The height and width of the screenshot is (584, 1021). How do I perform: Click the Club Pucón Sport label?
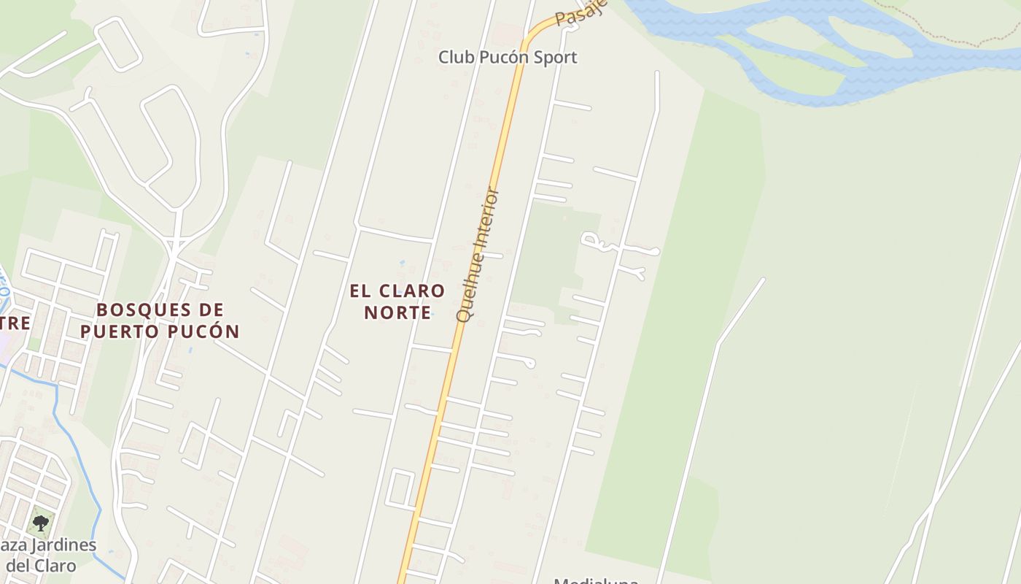pos(508,57)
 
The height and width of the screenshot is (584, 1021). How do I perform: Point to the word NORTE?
pos(397,312)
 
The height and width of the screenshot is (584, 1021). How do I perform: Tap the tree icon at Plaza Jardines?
pos(41,522)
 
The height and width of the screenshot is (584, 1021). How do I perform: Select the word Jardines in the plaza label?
pos(60,545)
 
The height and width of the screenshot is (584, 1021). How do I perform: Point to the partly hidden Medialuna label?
pos(596,581)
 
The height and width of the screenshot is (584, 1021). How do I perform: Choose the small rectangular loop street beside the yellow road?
pos(401,488)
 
